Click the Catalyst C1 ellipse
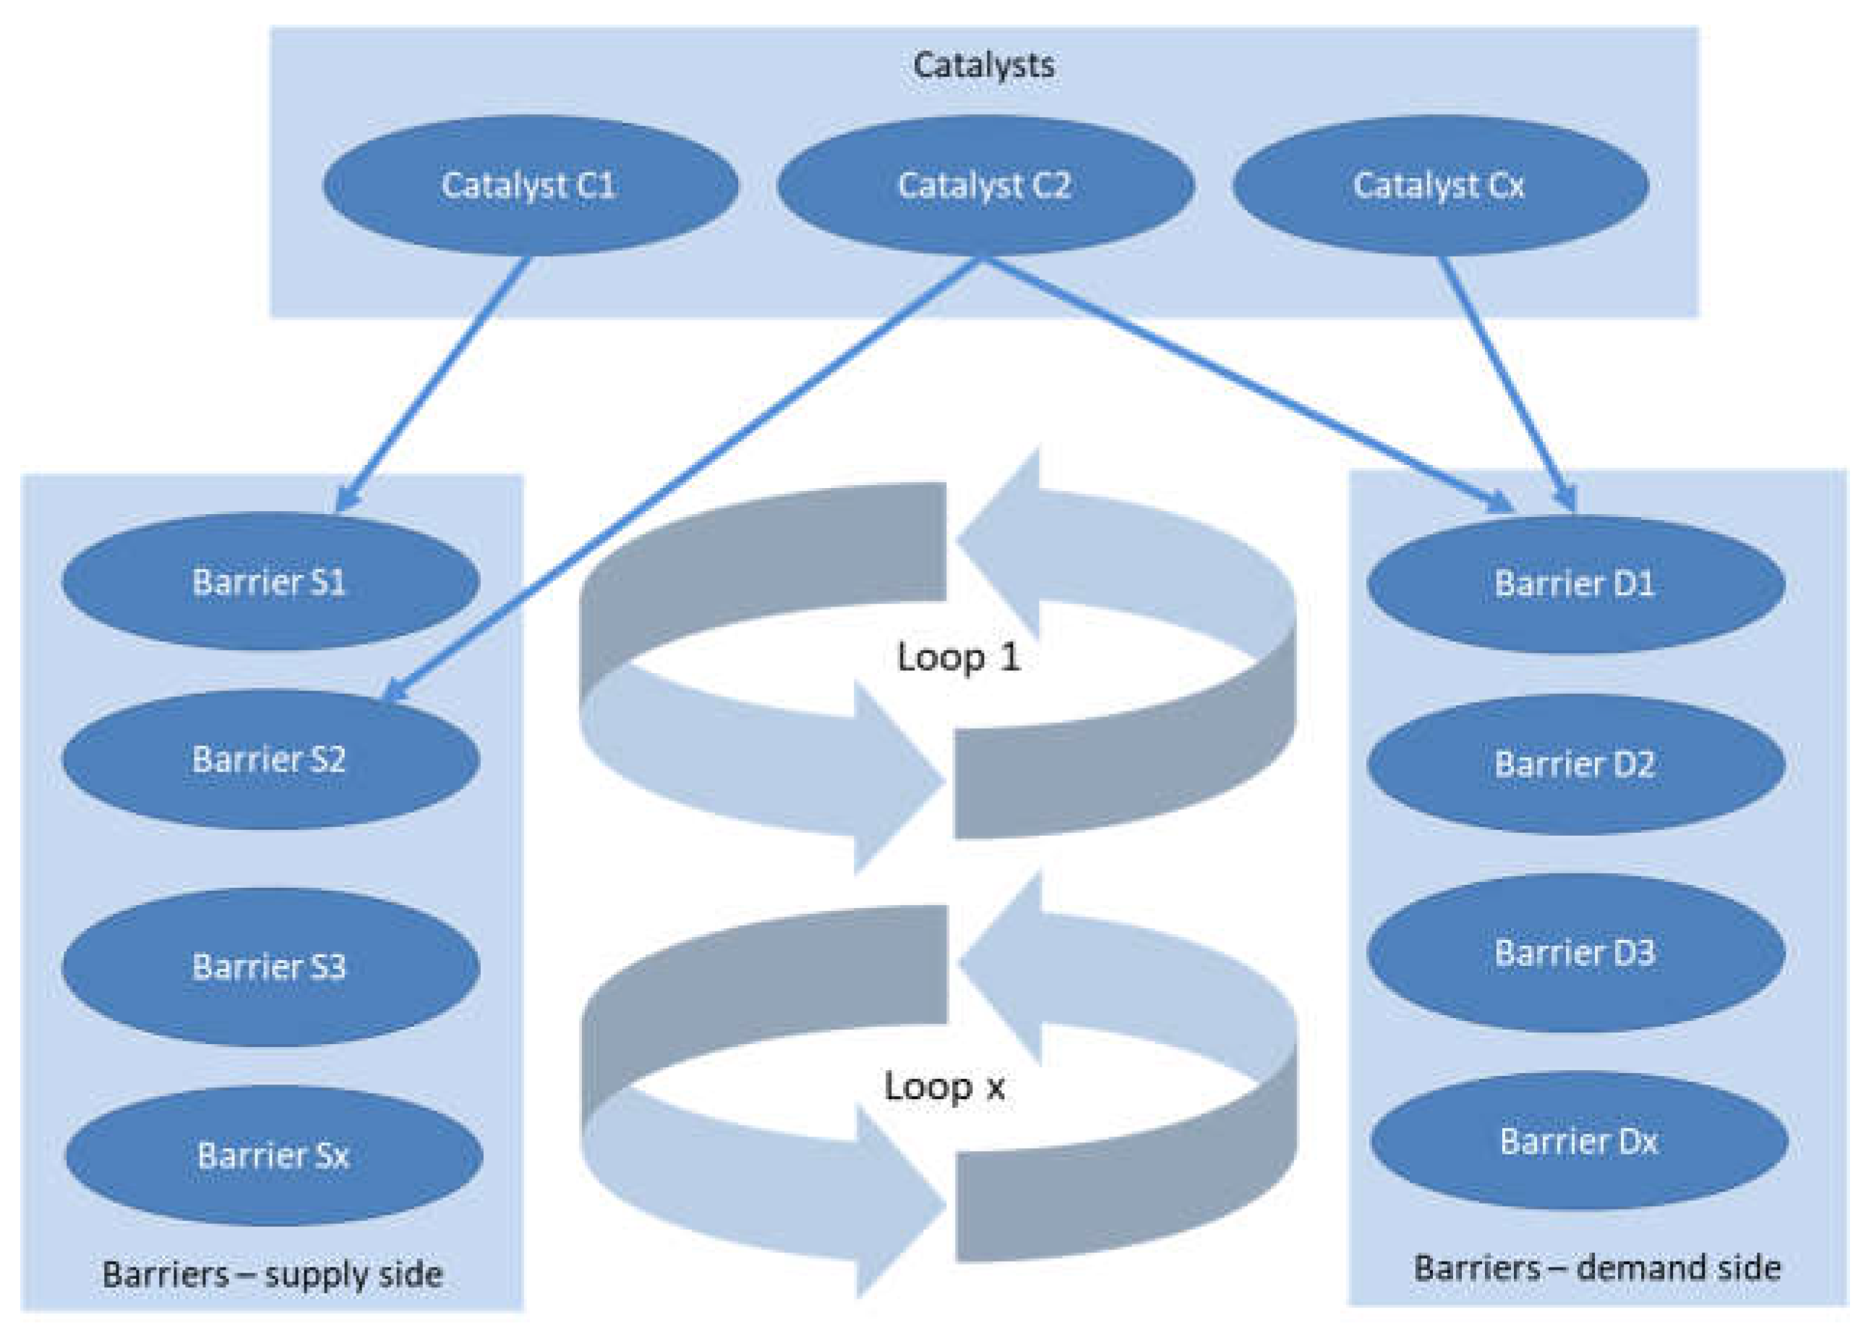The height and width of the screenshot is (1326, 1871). pyautogui.click(x=531, y=185)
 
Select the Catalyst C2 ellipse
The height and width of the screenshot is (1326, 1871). pyautogui.click(x=985, y=185)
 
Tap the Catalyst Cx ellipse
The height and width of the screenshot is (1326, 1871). pyautogui.click(x=1440, y=185)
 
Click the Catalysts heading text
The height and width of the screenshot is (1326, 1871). pyautogui.click(x=982, y=65)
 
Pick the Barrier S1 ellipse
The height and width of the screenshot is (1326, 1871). pyautogui.click(x=270, y=582)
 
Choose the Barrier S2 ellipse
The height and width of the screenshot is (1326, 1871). pyautogui.click(x=270, y=759)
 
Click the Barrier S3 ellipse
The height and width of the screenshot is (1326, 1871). pyautogui.click(x=270, y=967)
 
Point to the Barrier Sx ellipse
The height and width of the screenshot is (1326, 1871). pyautogui.click(x=273, y=1155)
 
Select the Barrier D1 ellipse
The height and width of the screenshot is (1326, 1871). pyautogui.click(x=1575, y=583)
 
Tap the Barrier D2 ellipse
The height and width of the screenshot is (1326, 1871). pyautogui.click(x=1575, y=764)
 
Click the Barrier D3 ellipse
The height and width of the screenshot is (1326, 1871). pyautogui.click(x=1575, y=953)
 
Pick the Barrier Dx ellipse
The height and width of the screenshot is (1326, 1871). pyautogui.click(x=1579, y=1142)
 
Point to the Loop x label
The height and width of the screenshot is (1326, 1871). pyautogui.click(x=944, y=1087)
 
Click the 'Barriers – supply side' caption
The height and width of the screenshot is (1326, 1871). pyautogui.click(x=273, y=1275)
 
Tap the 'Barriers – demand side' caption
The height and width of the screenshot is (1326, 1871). pyautogui.click(x=1598, y=1268)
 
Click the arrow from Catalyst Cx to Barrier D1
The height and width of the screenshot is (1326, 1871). pyautogui.click(x=1506, y=384)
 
